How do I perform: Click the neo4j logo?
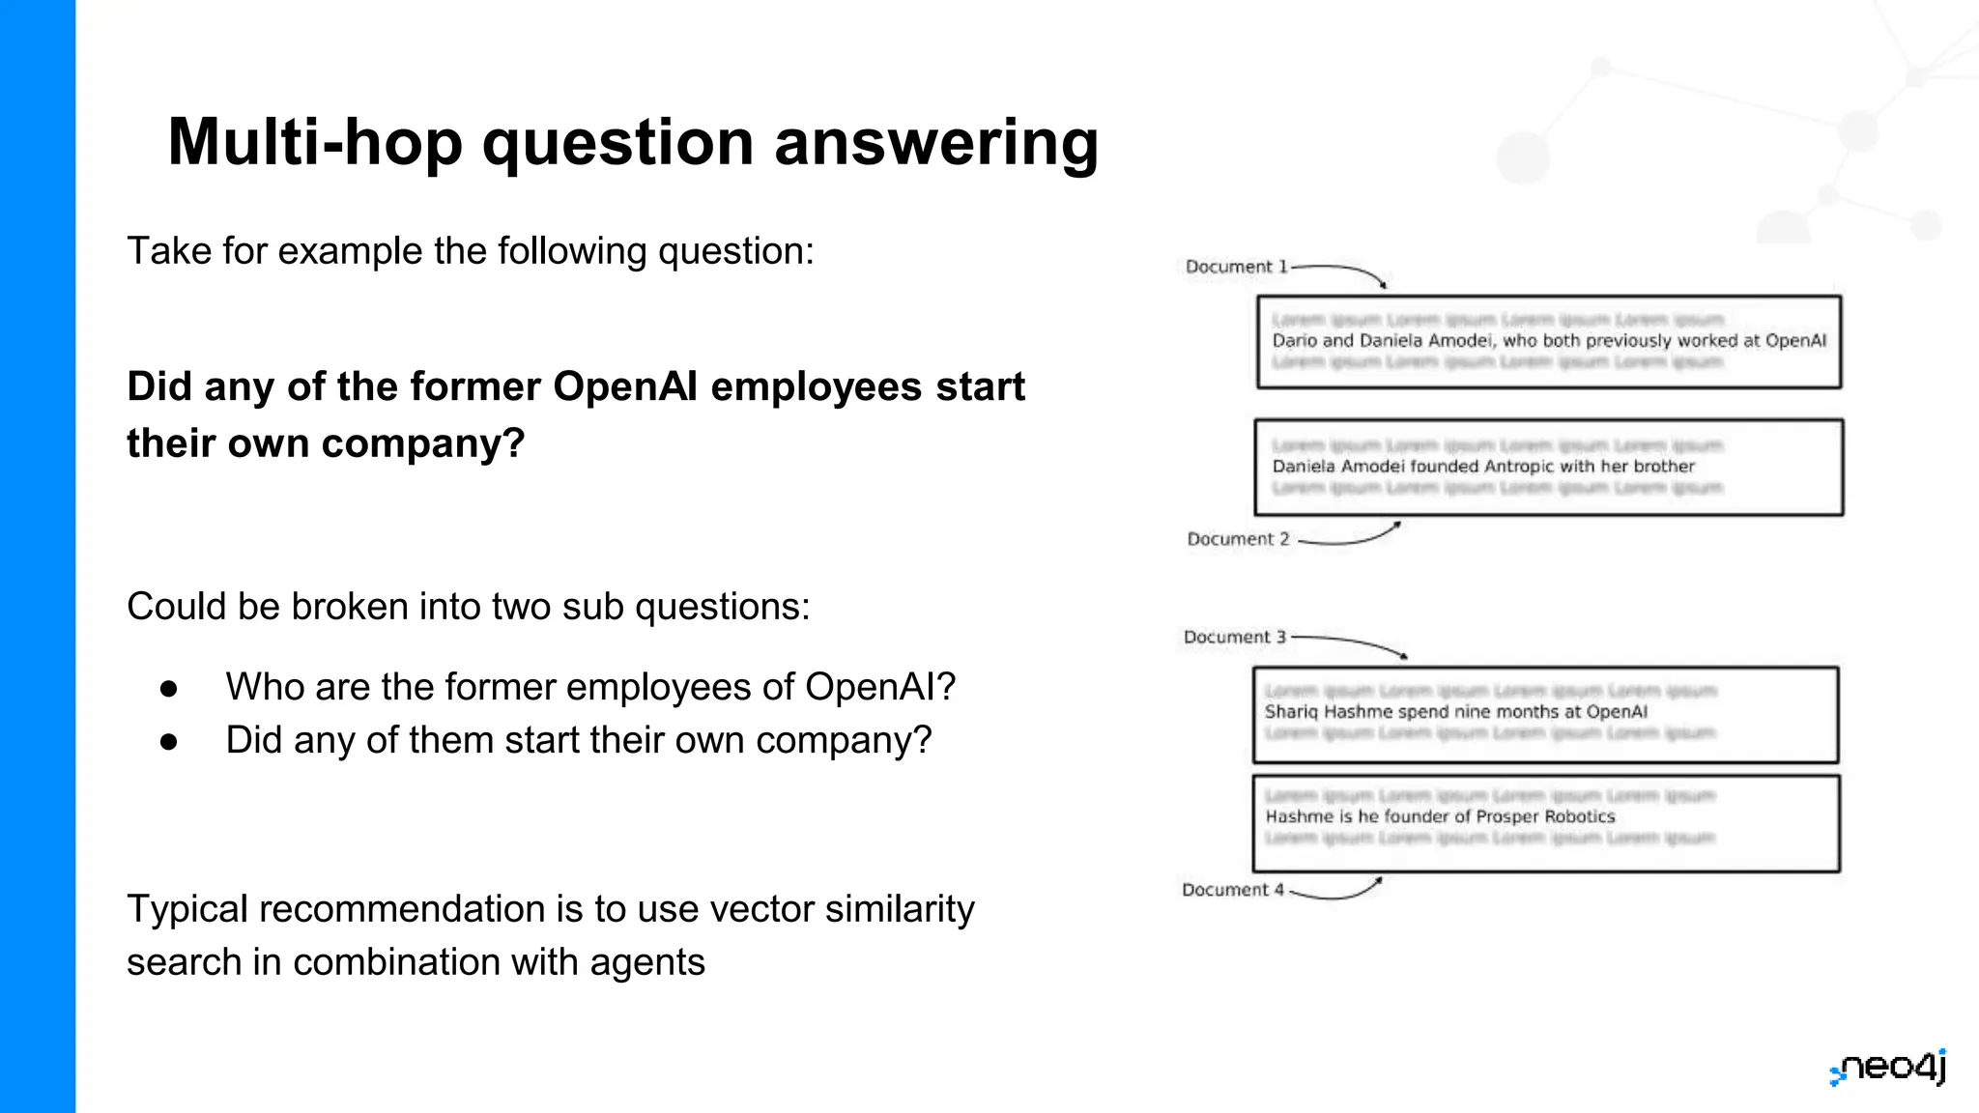(x=1889, y=1069)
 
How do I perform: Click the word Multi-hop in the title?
(x=314, y=143)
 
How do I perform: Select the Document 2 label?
(x=1238, y=539)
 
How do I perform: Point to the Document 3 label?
(x=1234, y=637)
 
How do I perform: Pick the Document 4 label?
(x=1232, y=890)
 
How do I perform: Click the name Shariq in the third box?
(x=1291, y=712)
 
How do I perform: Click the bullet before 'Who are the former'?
(x=169, y=688)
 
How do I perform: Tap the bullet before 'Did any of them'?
(x=169, y=741)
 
